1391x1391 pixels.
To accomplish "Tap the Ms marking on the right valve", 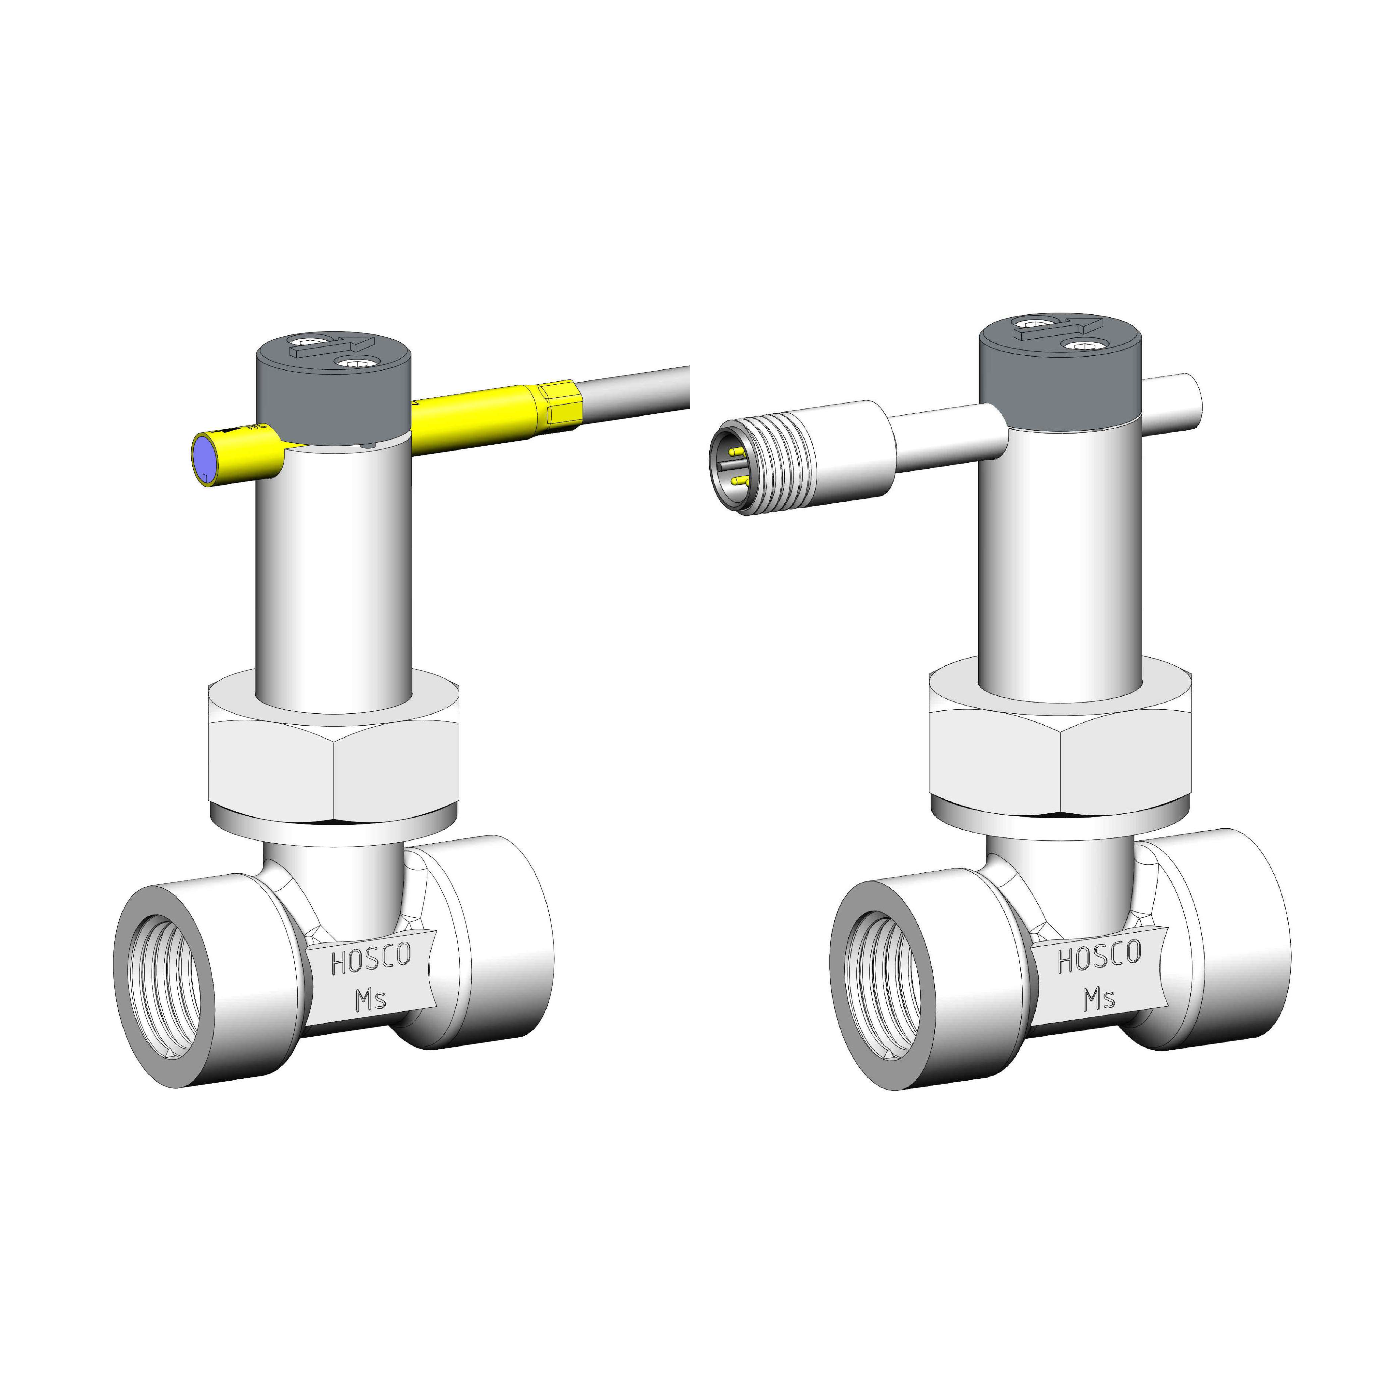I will [1100, 999].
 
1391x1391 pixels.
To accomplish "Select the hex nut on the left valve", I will [333, 763].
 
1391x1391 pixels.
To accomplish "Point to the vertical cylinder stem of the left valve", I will [333, 576].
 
